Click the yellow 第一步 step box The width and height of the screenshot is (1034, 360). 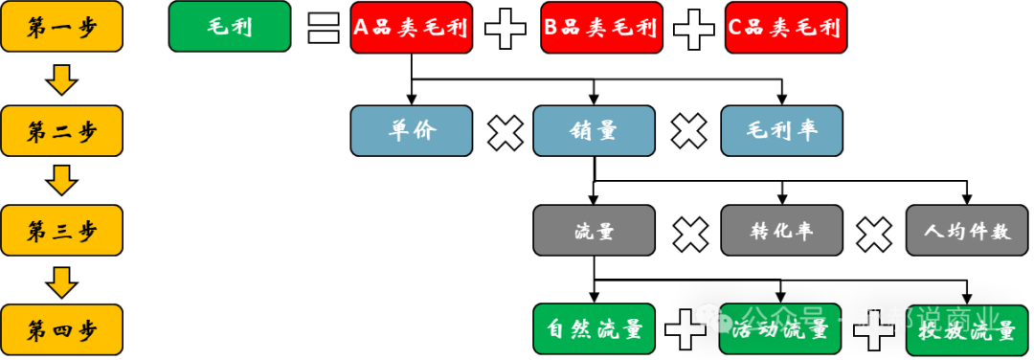click(62, 27)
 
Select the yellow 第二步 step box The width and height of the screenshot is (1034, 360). click(62, 130)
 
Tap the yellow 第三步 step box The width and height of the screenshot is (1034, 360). click(62, 230)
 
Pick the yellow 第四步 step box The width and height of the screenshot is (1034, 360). click(62, 330)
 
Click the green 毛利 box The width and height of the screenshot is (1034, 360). click(230, 27)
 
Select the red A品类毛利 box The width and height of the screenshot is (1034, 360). click(412, 28)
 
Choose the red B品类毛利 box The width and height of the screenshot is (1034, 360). click(601, 28)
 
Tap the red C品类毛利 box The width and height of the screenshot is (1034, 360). click(786, 28)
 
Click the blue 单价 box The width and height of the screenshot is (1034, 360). click(412, 130)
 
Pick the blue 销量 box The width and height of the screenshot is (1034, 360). click(594, 130)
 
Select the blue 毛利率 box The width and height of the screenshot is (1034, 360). click(781, 130)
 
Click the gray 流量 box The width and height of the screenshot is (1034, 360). click(594, 231)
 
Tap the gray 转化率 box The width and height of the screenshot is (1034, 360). click(781, 231)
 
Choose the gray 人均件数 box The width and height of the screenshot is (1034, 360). click(967, 231)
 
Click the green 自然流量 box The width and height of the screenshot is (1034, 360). click(594, 330)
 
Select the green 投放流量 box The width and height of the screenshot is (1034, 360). click(967, 331)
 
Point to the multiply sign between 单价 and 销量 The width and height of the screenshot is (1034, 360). click(505, 132)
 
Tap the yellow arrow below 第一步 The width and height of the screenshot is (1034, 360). click(62, 79)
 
